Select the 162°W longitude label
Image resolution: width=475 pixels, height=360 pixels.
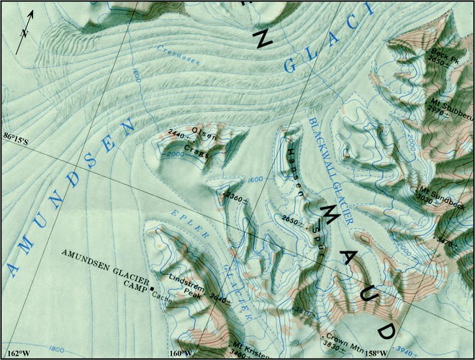pyautogui.click(x=19, y=353)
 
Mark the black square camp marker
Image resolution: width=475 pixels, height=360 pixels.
pyautogui.click(x=153, y=289)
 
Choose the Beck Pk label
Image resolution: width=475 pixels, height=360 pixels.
pyautogui.click(x=444, y=54)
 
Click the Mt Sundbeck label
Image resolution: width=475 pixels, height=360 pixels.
pyautogui.click(x=440, y=192)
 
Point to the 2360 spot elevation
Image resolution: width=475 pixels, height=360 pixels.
pyautogui.click(x=233, y=194)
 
